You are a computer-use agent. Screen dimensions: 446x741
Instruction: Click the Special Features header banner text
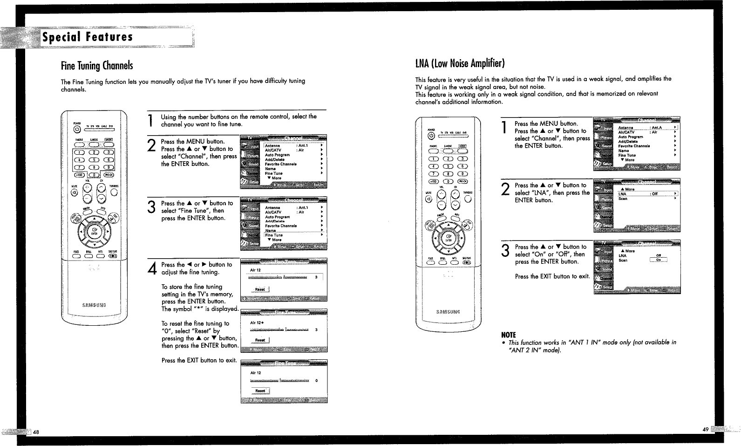[x=88, y=37]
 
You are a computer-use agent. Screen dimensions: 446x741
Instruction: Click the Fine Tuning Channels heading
[x=97, y=65]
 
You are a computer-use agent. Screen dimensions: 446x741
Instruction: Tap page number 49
[x=706, y=429]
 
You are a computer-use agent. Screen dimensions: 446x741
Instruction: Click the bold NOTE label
[x=508, y=335]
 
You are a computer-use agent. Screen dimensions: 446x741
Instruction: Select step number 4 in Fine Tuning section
[x=151, y=269]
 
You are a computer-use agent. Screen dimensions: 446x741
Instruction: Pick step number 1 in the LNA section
[x=505, y=128]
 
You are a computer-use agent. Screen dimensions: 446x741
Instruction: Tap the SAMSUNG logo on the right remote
[x=447, y=311]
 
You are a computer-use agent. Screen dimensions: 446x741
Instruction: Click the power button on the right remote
[x=431, y=136]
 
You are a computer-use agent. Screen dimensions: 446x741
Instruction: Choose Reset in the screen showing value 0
[x=260, y=391]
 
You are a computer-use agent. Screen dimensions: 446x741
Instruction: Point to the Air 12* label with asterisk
[x=258, y=322]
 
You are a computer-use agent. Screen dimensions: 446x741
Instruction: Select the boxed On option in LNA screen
[x=658, y=260]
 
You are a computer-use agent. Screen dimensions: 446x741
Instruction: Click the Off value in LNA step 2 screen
[x=654, y=194]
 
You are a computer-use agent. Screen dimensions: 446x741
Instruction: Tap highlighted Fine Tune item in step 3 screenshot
[x=274, y=235]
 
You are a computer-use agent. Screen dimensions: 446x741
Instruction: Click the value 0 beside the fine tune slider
[x=317, y=381]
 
